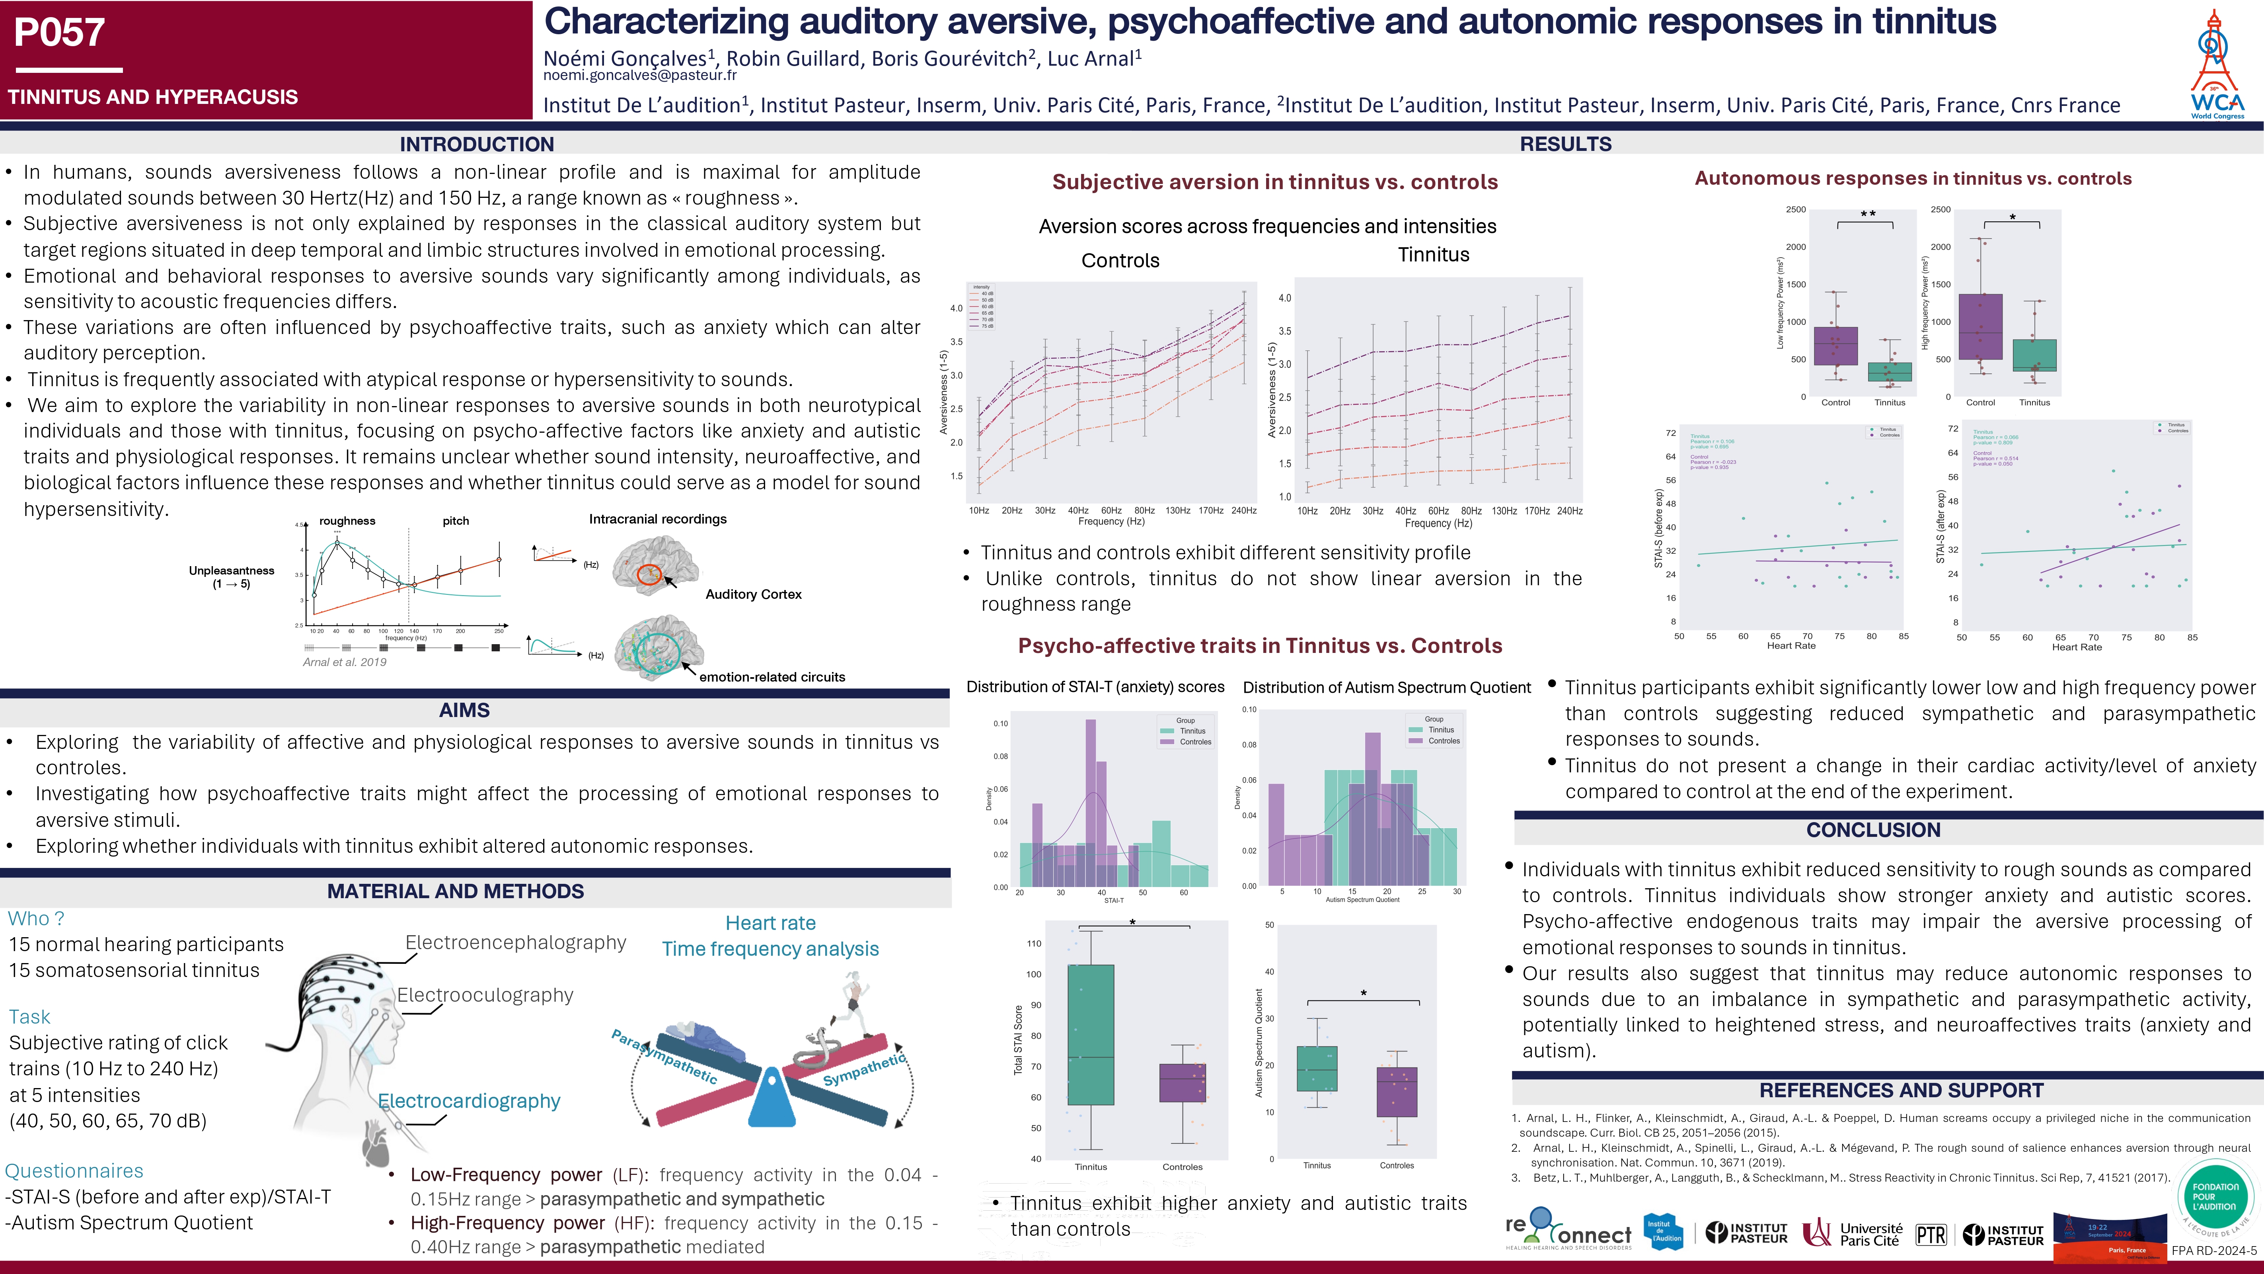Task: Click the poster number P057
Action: [60, 33]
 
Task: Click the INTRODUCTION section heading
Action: [476, 144]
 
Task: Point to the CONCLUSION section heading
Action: [1873, 830]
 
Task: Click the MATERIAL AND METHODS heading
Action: [455, 891]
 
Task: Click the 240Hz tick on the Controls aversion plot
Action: [1243, 511]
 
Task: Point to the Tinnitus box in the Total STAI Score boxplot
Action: [1091, 1035]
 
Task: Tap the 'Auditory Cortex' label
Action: [753, 594]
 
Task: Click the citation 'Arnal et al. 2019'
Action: [345, 662]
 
